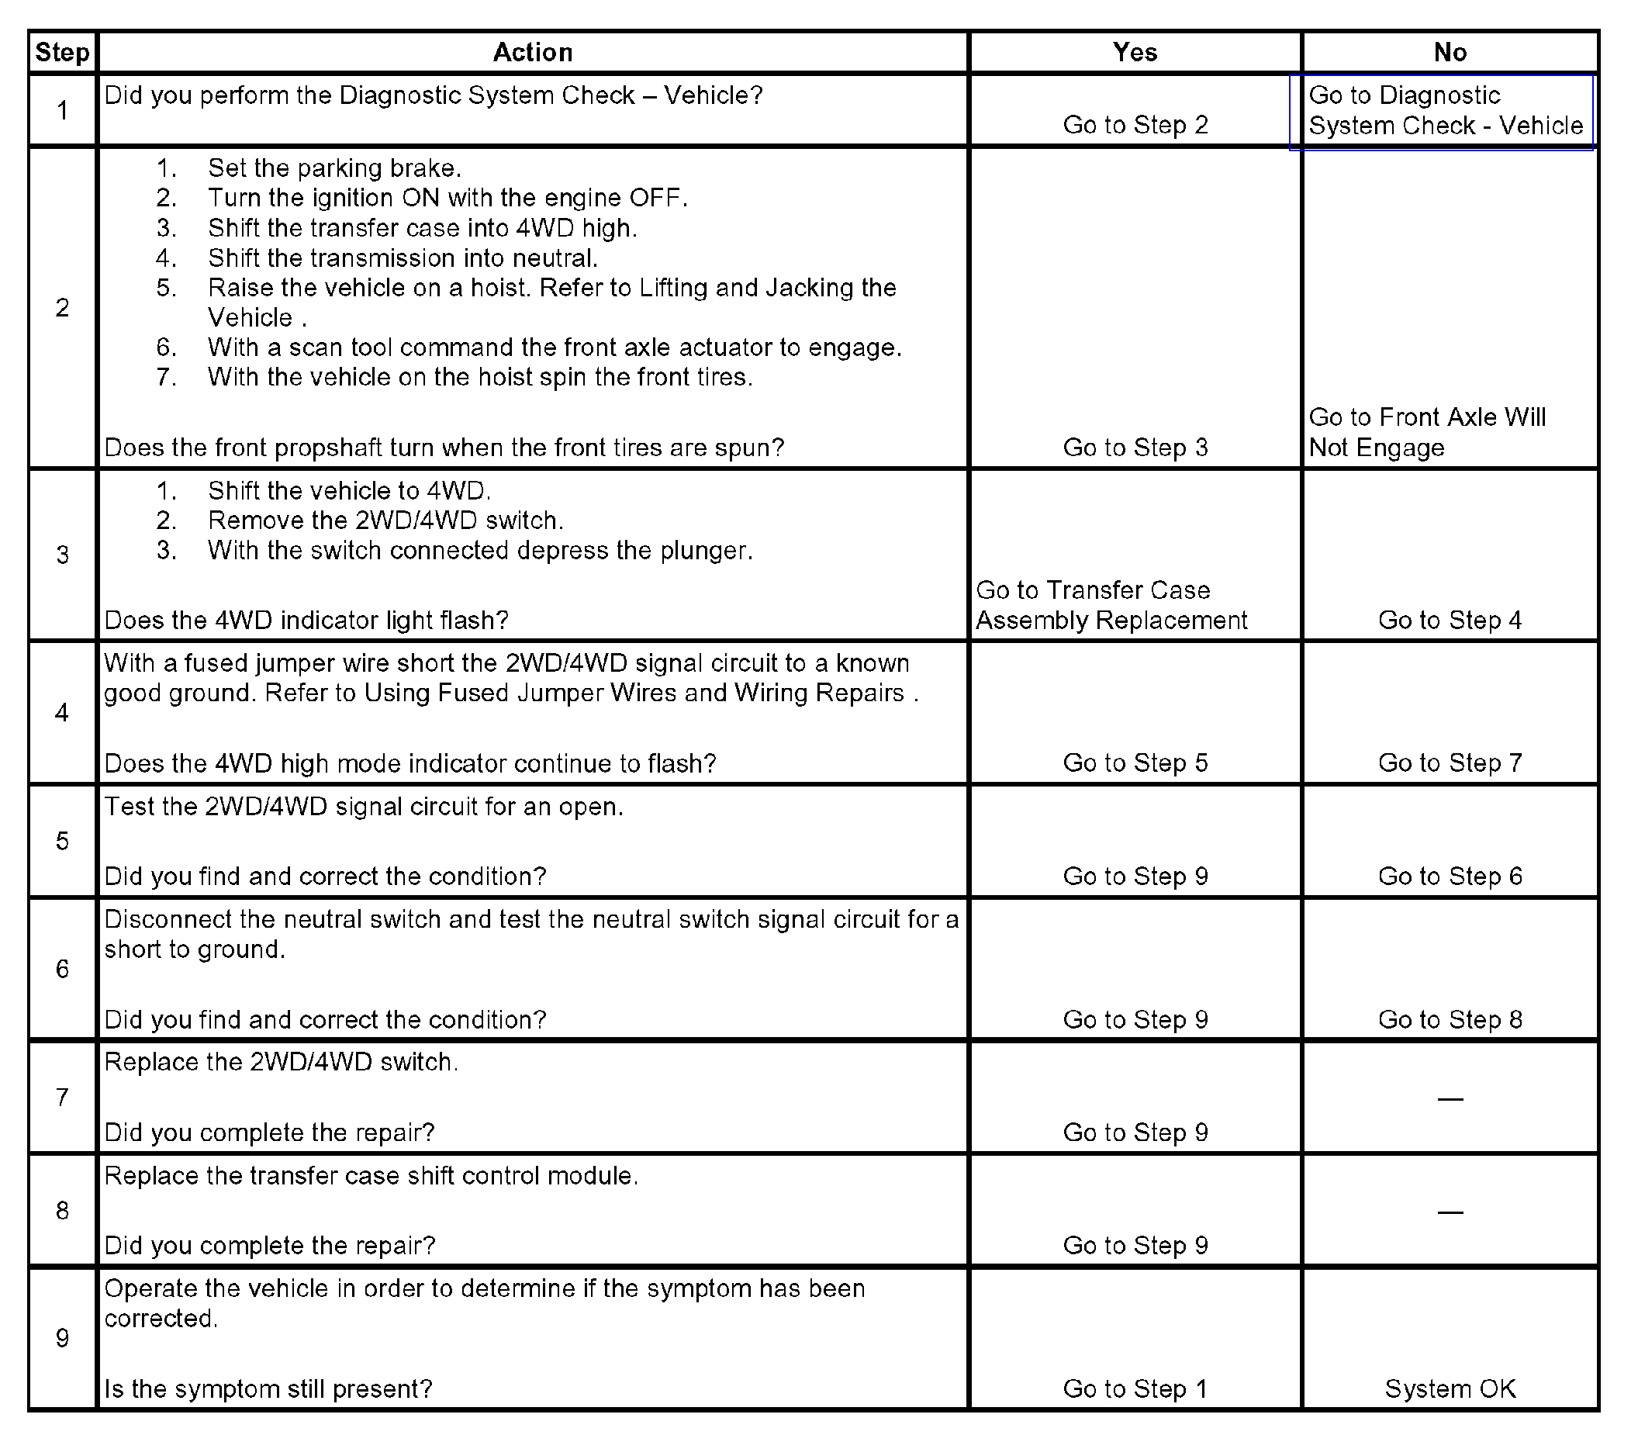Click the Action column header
coord(532,53)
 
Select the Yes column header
coord(1135,53)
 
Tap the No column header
coord(1450,53)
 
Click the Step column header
coord(63,53)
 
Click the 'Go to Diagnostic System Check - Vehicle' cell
coord(1445,110)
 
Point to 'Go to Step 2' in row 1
coord(1135,125)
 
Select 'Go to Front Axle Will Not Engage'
coord(1426,432)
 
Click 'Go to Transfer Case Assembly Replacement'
coord(1111,605)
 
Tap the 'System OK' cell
coord(1450,1388)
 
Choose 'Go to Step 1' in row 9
coord(1135,1388)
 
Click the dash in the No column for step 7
coord(1450,1098)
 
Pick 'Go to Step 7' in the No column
coord(1450,763)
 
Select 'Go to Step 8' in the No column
coord(1450,1019)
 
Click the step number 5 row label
coord(63,841)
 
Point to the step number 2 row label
coord(63,307)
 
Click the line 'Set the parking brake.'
coord(333,168)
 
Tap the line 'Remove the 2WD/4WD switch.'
coord(385,520)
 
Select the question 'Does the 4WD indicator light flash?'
coord(306,621)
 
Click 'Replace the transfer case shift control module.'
coord(371,1176)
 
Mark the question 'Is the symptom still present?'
coord(268,1388)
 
